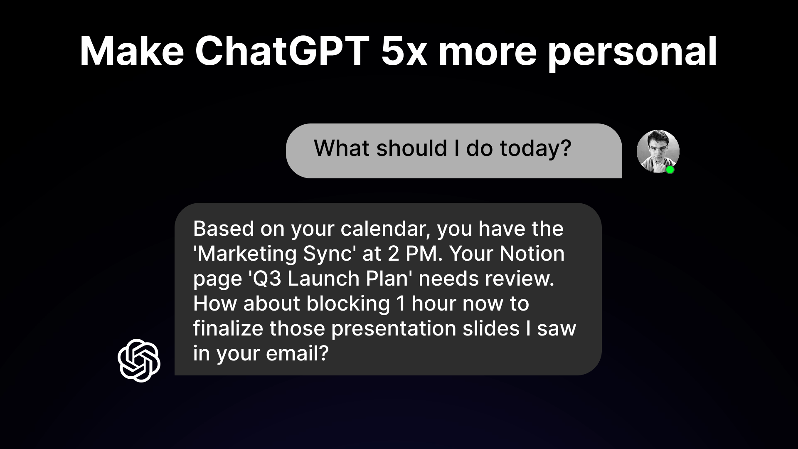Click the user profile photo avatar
(658, 151)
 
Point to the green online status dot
(670, 170)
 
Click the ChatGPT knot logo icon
(139, 360)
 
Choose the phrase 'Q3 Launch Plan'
(330, 279)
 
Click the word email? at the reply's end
(297, 353)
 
